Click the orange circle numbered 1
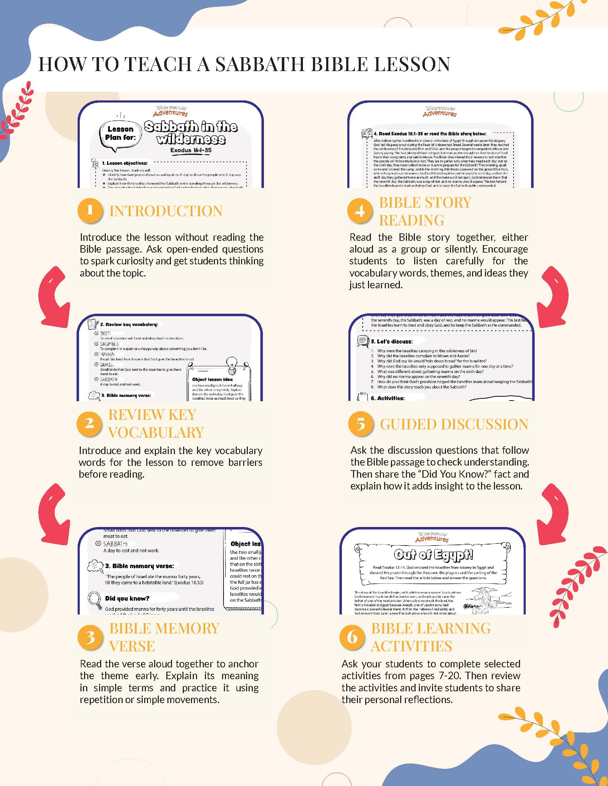point(89,210)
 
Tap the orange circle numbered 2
point(89,423)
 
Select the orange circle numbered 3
point(89,637)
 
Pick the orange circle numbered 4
point(359,210)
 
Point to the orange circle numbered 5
point(360,424)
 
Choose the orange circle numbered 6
point(351,637)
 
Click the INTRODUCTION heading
point(166,211)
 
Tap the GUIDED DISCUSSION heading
point(454,424)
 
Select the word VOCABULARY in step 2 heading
point(156,432)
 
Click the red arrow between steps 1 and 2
point(55,297)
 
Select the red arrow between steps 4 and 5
point(553,297)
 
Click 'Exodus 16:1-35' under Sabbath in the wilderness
point(191,150)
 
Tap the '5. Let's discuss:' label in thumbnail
point(392,341)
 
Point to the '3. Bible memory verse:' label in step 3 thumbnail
point(139,566)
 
